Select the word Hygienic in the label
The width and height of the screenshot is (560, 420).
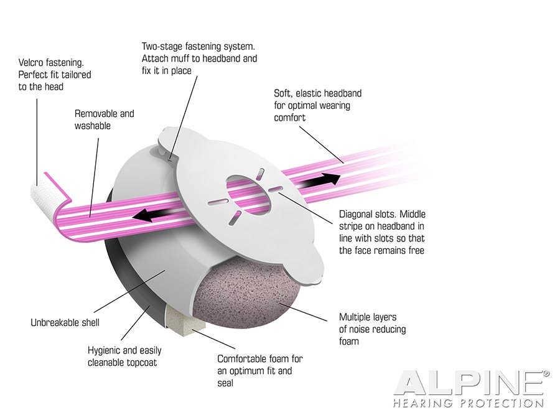tap(103, 350)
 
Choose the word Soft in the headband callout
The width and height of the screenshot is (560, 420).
tap(284, 93)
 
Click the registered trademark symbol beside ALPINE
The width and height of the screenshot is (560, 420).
tap(546, 374)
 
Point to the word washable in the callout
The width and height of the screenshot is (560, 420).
tap(93, 126)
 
